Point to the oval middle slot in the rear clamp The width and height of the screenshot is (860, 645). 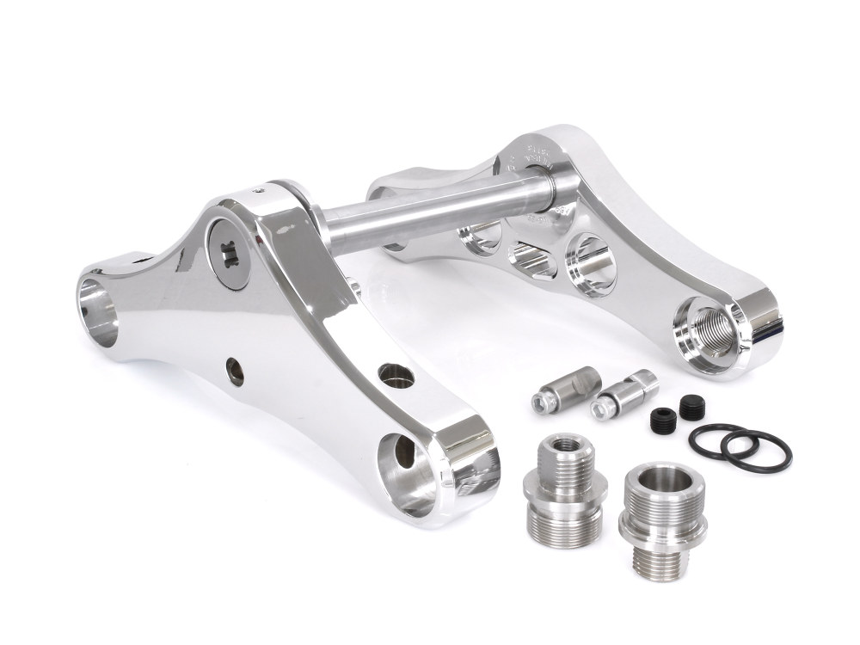pos(525,258)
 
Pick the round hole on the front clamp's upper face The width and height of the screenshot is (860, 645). pos(393,373)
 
